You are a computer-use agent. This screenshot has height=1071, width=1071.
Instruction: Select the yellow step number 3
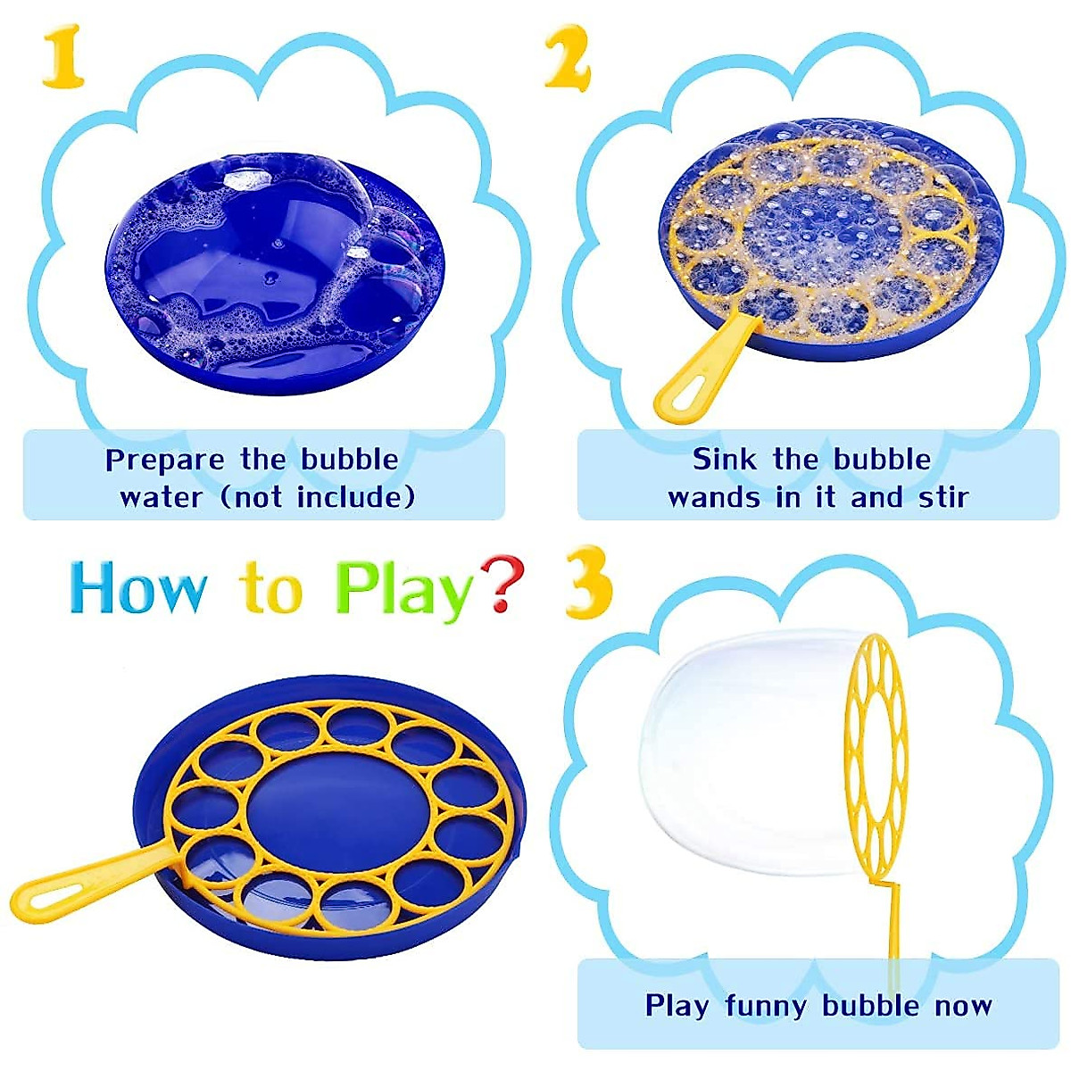[x=589, y=585]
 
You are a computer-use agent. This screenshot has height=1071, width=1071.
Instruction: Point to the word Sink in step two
[x=724, y=460]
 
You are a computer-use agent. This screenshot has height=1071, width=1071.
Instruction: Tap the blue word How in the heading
[x=138, y=589]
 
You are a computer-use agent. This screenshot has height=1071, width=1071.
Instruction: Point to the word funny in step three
[x=767, y=1006]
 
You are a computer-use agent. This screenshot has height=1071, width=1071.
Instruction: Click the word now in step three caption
[x=964, y=1008]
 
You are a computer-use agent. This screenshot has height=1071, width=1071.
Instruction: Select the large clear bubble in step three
[x=750, y=750]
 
